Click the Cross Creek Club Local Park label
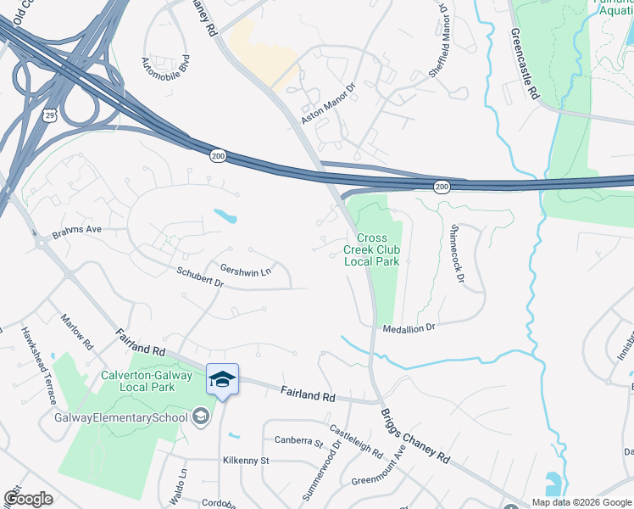pos(371,250)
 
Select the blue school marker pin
pos(222,380)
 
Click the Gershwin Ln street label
pos(245,271)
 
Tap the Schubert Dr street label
pos(200,277)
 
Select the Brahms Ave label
pos(76,230)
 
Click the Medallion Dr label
pos(409,327)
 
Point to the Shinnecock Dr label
pos(458,254)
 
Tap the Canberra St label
pos(299,441)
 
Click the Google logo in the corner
pos(29,498)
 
